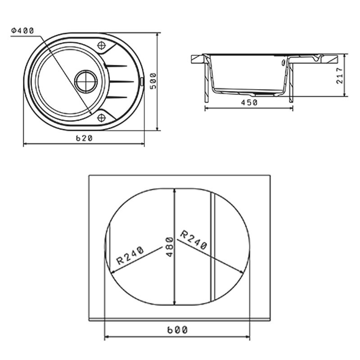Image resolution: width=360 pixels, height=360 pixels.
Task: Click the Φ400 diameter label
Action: [23, 31]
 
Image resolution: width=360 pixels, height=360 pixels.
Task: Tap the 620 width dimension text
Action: [84, 138]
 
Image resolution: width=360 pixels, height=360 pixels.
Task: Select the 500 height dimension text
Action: [153, 81]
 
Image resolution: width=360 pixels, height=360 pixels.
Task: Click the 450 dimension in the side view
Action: [249, 103]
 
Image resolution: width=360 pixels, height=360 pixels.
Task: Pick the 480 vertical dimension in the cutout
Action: [170, 247]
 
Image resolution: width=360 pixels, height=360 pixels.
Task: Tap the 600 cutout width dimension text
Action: [177, 330]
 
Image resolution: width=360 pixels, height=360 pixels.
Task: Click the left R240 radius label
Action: [130, 255]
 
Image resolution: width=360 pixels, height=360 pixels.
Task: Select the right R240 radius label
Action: [193, 240]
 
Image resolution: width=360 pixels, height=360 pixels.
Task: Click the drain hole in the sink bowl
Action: [86, 81]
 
